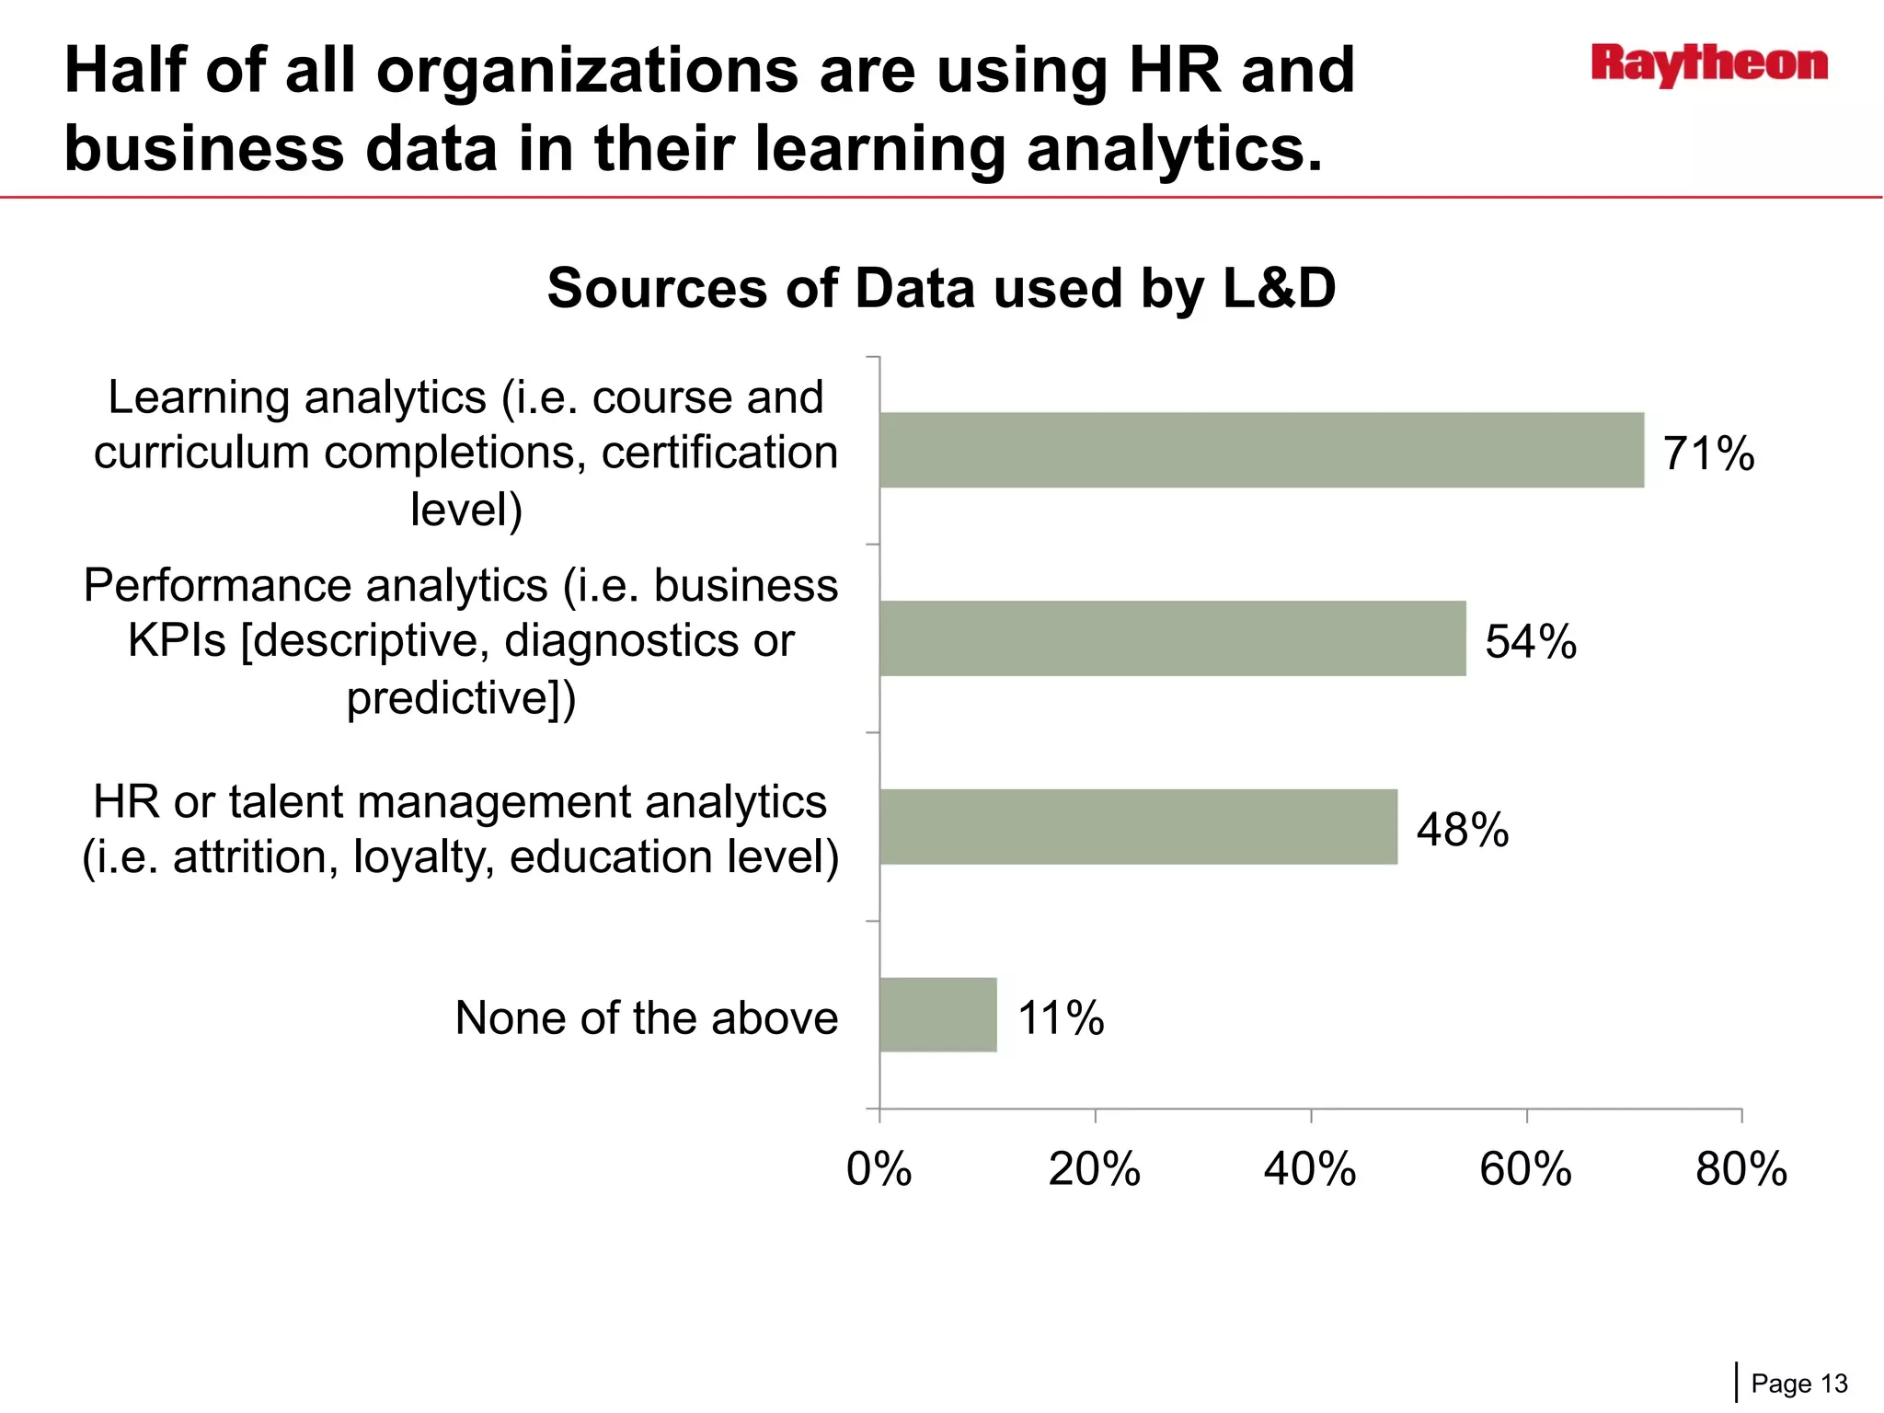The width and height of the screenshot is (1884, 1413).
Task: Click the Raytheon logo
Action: pyautogui.click(x=1709, y=65)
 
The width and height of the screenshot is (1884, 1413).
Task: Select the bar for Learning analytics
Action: pyautogui.click(x=1260, y=450)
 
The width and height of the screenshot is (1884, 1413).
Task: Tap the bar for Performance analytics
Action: pyautogui.click(x=1172, y=638)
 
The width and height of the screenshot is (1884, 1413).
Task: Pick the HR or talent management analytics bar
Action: pyautogui.click(x=1138, y=826)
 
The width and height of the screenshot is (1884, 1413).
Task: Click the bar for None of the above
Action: pyautogui.click(x=937, y=1015)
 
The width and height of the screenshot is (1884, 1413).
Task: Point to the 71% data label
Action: pyautogui.click(x=1708, y=454)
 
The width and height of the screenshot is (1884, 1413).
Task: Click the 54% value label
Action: pyautogui.click(x=1531, y=641)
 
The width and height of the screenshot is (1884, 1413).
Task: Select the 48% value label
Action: pyautogui.click(x=1463, y=830)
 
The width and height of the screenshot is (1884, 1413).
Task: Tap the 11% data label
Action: pyautogui.click(x=1060, y=1018)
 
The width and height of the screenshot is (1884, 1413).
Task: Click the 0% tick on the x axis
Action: pyautogui.click(x=879, y=1169)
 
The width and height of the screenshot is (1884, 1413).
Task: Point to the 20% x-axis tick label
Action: pyautogui.click(x=1094, y=1169)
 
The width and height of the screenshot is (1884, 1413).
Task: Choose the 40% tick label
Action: pyautogui.click(x=1310, y=1169)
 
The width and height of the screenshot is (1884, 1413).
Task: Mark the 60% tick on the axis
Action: pyautogui.click(x=1525, y=1169)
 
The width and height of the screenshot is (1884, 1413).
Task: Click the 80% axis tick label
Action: pyautogui.click(x=1740, y=1169)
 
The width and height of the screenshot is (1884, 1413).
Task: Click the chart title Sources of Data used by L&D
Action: pyautogui.click(x=940, y=288)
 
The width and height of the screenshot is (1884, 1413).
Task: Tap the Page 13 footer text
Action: pyautogui.click(x=1798, y=1384)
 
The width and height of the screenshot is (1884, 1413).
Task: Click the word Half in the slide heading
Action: pyautogui.click(x=124, y=71)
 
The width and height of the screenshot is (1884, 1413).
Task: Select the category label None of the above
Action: pyautogui.click(x=646, y=1018)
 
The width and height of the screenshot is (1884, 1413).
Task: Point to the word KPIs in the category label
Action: pyautogui.click(x=176, y=640)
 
